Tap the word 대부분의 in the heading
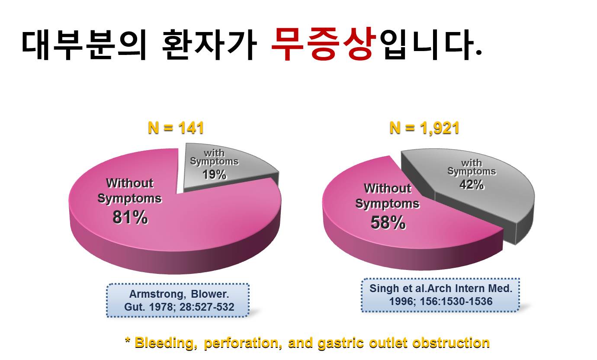click(x=84, y=45)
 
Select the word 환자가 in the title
click(x=209, y=45)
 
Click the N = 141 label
click(x=176, y=128)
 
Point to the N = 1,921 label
click(x=424, y=128)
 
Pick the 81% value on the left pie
click(x=130, y=217)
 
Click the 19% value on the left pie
click(x=214, y=175)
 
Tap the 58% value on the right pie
click(x=388, y=223)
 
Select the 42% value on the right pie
click(x=472, y=184)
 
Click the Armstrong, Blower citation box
click(x=178, y=300)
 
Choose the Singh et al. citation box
click(x=440, y=295)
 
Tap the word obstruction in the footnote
click(x=451, y=343)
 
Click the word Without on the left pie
click(x=130, y=183)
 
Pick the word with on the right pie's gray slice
click(x=472, y=163)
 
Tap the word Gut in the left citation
click(x=135, y=307)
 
